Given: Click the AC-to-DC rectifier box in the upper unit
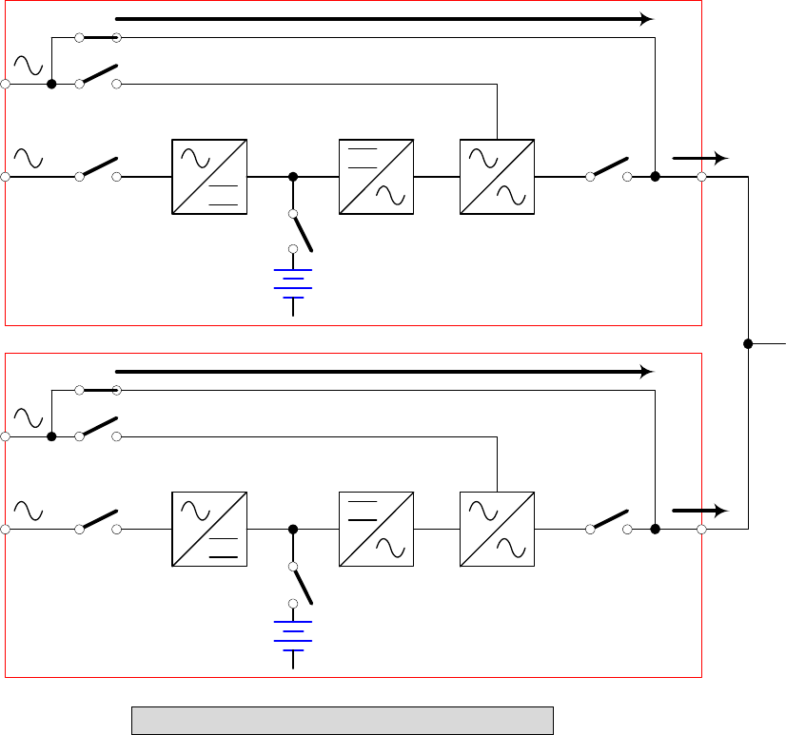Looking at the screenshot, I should (209, 177).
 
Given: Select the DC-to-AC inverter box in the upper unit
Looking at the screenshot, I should (377, 177).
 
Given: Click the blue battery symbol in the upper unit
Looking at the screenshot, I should (293, 283).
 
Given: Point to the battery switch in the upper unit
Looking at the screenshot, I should (302, 231).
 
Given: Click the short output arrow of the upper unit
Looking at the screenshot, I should (700, 158).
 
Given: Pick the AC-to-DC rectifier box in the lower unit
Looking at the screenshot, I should (208, 530).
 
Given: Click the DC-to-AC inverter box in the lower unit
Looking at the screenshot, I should (377, 530).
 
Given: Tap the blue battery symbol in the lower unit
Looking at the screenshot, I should (293, 636).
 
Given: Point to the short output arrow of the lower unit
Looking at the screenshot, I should (700, 511).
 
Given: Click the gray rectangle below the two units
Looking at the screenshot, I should (343, 721).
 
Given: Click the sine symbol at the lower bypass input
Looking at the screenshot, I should (29, 417).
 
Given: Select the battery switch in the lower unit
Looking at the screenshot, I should (302, 584).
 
